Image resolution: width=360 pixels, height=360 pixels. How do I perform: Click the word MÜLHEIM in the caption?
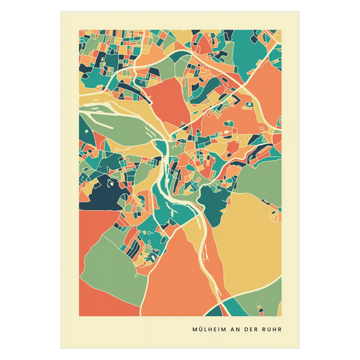[x=209, y=330]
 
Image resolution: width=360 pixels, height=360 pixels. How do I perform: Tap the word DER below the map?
[x=252, y=330]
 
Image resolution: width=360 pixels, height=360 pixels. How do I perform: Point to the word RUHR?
[x=272, y=330]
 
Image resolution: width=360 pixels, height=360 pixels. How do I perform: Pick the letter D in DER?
[x=247, y=330]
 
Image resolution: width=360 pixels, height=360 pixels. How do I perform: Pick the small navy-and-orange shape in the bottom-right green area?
[x=259, y=307]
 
